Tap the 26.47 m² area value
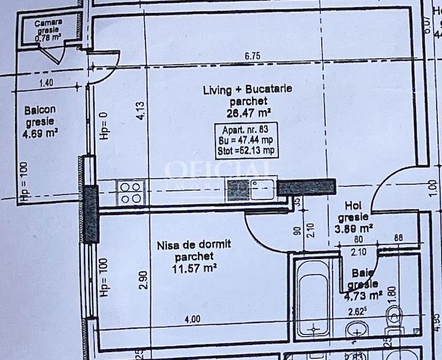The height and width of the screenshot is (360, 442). (237, 113)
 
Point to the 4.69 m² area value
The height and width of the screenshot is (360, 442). (40, 133)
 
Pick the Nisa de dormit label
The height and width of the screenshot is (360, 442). (194, 245)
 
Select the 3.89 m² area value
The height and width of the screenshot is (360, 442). (356, 227)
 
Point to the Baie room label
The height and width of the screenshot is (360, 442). (359, 273)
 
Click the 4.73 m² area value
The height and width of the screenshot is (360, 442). (363, 294)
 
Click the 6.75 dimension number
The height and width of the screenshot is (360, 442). (252, 56)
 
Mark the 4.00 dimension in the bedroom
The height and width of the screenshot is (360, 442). (191, 319)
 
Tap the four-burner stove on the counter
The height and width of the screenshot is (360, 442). (130, 193)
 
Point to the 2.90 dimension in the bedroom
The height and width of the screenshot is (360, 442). (143, 279)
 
